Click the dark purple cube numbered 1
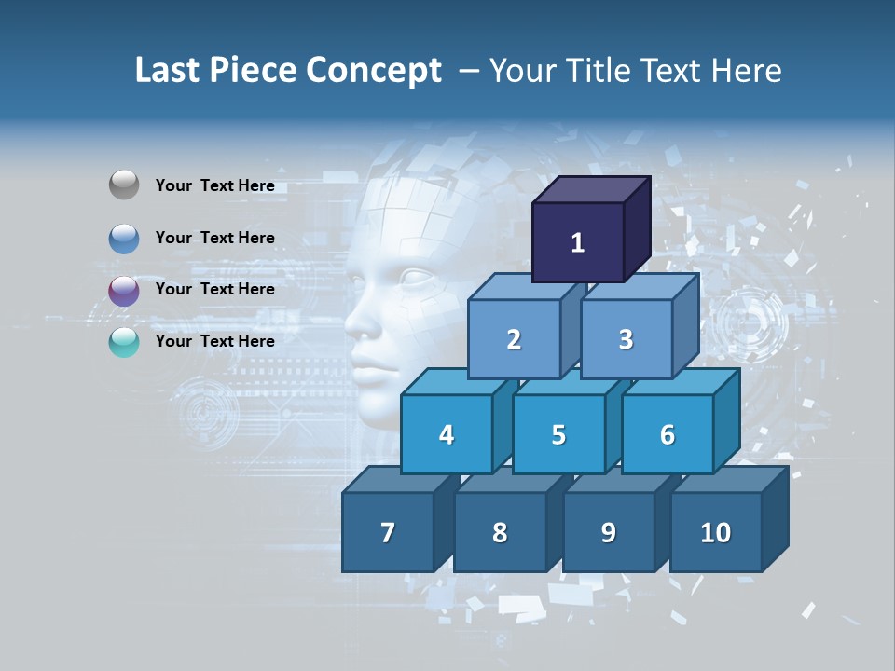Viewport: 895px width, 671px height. pos(578,242)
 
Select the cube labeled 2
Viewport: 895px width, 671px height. pos(514,339)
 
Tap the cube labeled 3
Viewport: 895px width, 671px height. pos(626,339)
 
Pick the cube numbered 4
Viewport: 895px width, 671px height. pos(447,434)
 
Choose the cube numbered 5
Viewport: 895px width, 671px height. pos(558,434)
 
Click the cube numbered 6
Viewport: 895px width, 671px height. pos(668,434)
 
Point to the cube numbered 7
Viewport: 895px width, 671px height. pos(388,532)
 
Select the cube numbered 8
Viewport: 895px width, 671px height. pos(500,532)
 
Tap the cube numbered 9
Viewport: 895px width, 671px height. pos(609,532)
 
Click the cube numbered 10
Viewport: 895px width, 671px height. pos(716,532)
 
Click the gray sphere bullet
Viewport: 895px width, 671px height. pos(124,185)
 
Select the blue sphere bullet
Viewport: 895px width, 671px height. pos(124,239)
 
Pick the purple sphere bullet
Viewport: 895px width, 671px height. pos(124,291)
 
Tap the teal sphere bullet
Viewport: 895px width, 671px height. pos(124,343)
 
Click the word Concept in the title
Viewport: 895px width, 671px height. pos(374,71)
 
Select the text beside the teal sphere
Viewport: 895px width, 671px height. pos(215,341)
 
